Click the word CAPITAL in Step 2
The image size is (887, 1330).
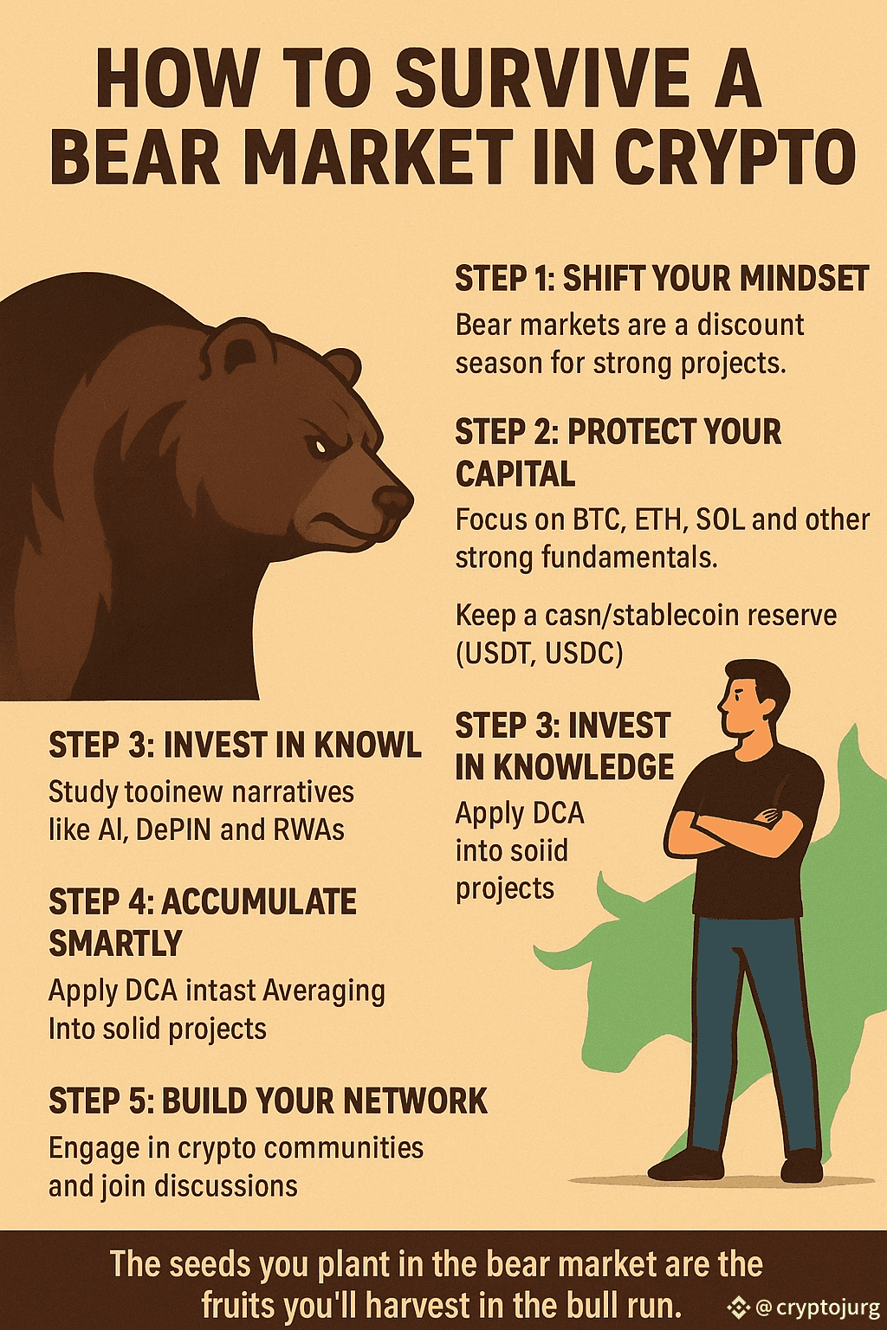[x=515, y=474]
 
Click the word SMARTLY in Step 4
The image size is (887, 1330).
[x=115, y=943]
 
